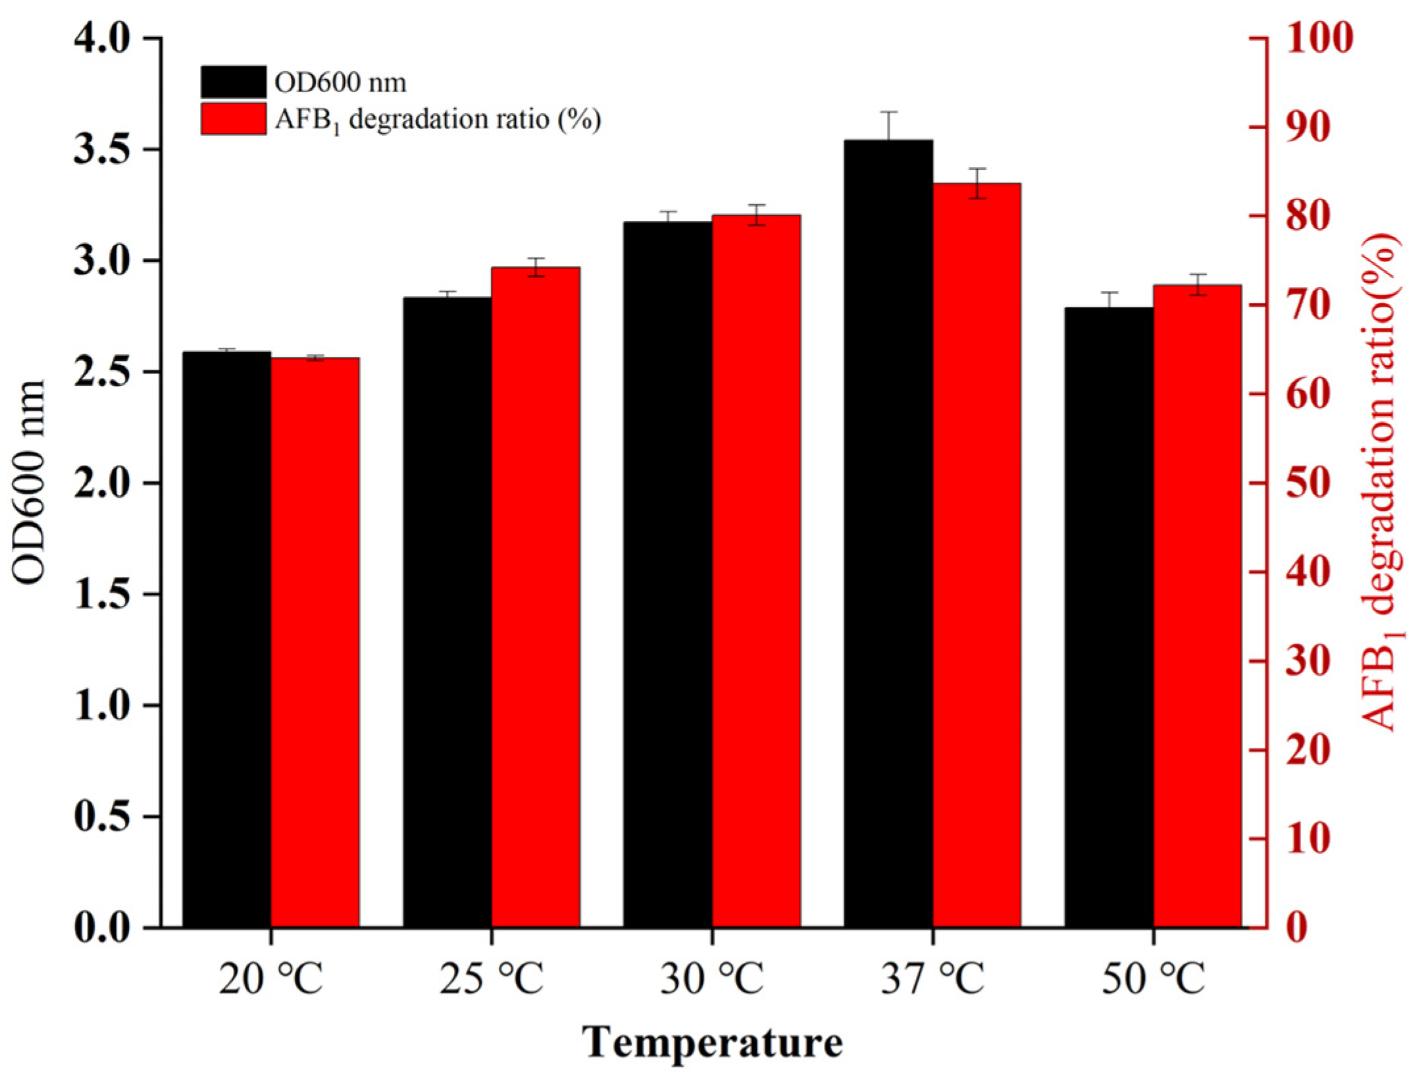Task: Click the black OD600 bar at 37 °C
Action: [888, 533]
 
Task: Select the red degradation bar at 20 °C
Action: [315, 642]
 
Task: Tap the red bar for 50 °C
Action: [1197, 606]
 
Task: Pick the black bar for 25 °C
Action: [447, 612]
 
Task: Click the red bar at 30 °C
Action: [756, 570]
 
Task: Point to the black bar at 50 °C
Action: [1109, 617]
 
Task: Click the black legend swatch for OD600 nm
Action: [234, 82]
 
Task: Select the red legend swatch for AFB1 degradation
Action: [234, 119]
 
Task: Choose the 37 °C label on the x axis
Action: [932, 980]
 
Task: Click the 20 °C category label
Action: [270, 980]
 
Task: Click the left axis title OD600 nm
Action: [30, 481]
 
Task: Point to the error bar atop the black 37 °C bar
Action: [888, 126]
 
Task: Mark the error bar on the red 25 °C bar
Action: [536, 267]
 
